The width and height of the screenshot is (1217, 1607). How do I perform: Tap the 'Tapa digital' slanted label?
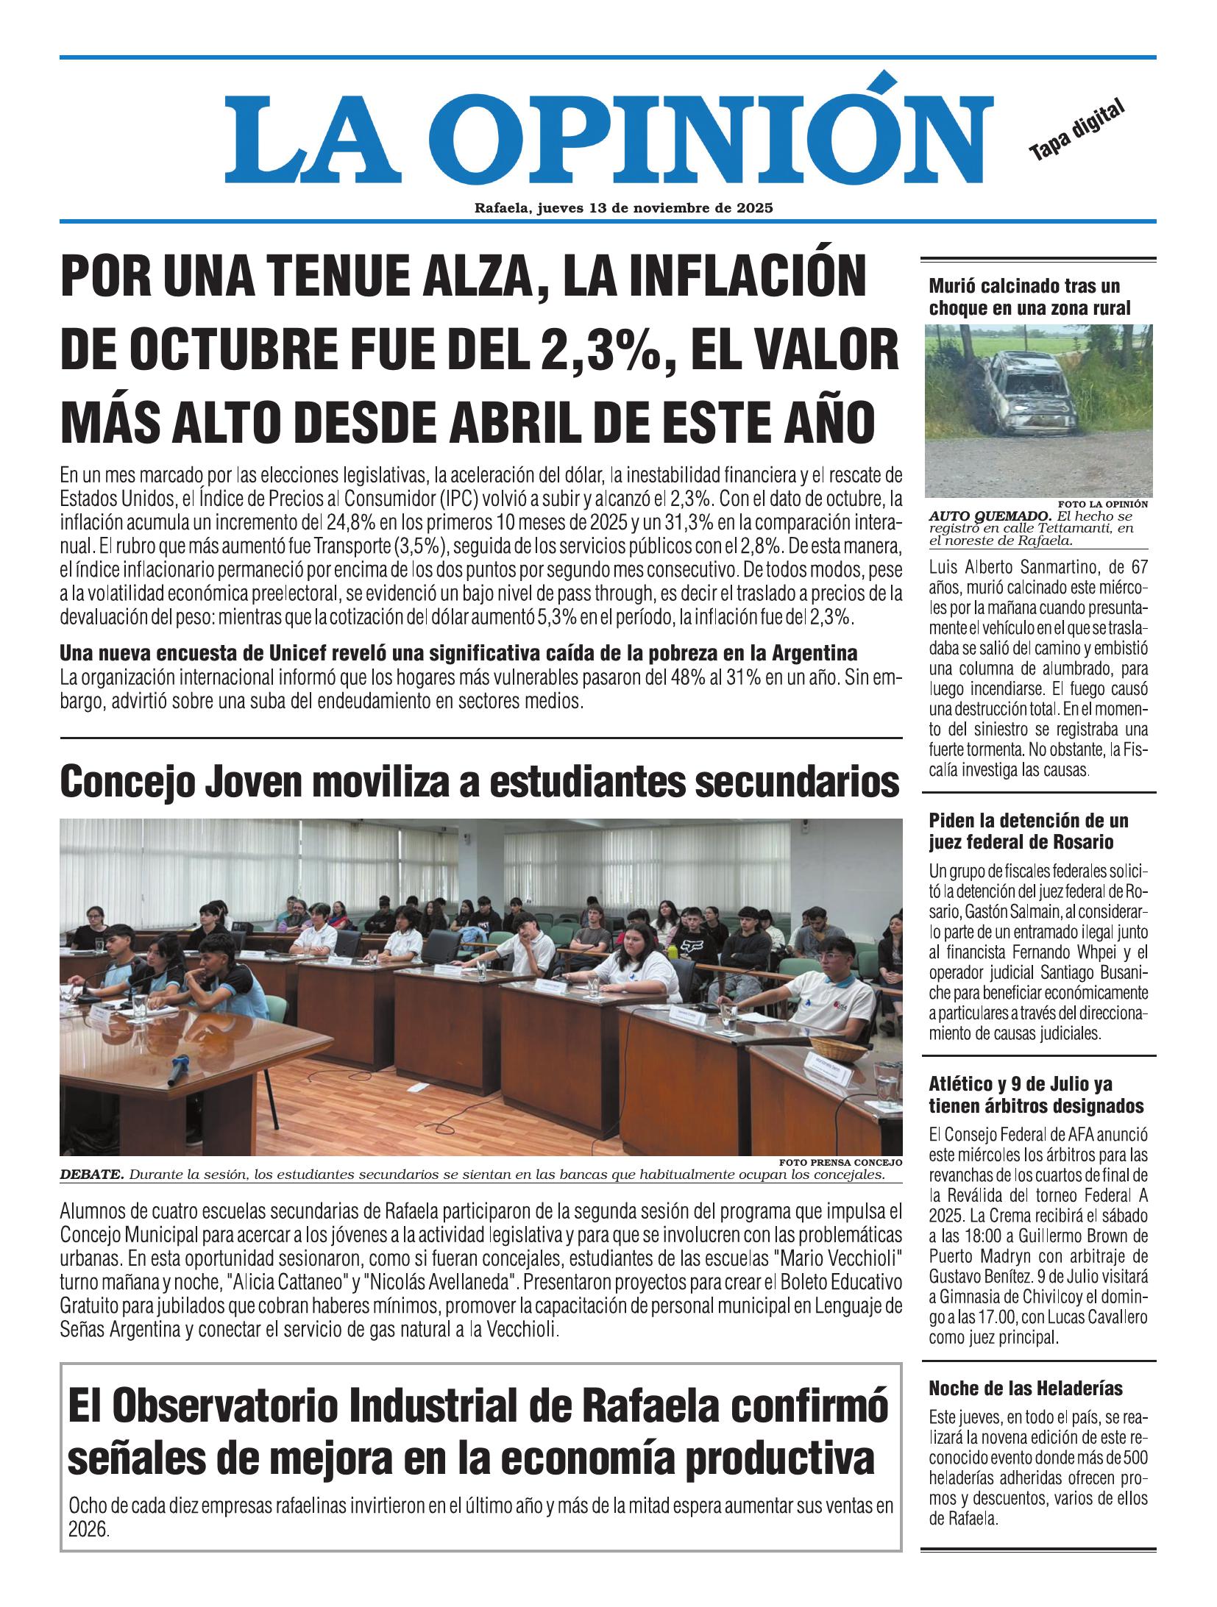click(1078, 129)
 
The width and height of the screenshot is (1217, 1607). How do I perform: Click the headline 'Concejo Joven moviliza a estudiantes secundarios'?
click(480, 782)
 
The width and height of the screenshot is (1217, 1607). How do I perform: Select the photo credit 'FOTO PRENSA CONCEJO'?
click(840, 1163)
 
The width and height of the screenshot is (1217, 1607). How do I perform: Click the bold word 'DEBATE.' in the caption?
click(92, 1175)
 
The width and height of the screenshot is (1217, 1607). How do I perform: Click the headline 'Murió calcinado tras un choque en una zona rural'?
click(1029, 296)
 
